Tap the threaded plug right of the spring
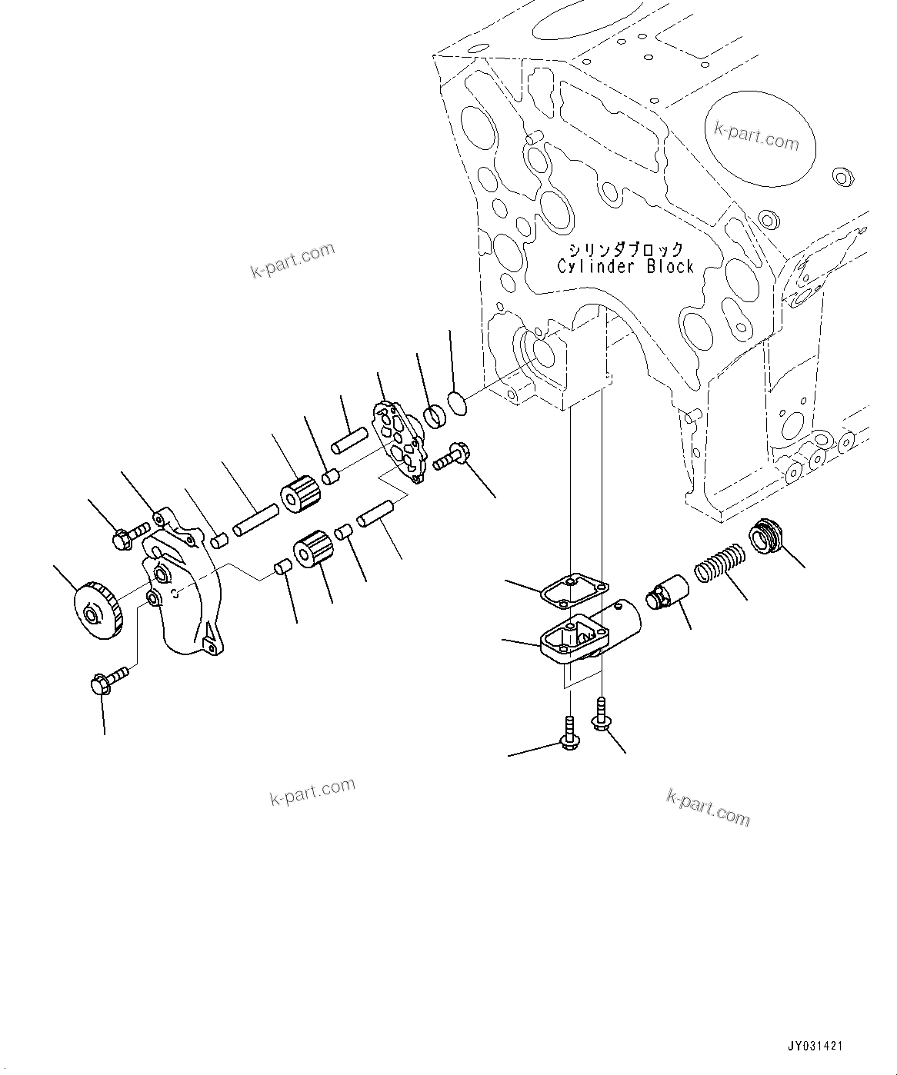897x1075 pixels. pos(765,536)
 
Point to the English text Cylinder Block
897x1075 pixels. pos(625,267)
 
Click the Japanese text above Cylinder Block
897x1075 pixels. pos(625,249)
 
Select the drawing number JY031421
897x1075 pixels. pos(815,1047)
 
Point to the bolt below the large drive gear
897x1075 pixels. pos(109,681)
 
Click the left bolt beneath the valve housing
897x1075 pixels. pos(569,734)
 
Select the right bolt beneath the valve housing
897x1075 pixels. pos(599,712)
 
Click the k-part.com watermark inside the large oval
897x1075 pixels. pos(756,138)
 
